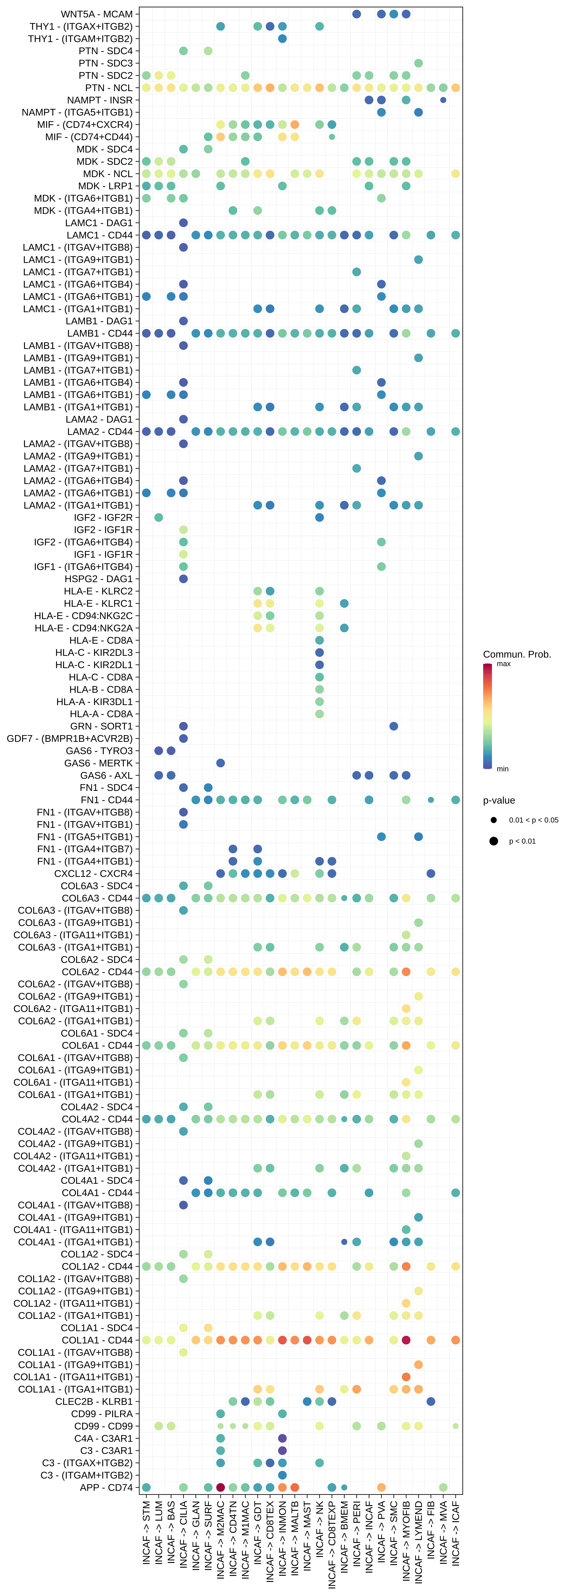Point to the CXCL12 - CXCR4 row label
94,874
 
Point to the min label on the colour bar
503,769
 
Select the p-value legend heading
499,801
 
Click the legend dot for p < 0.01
493,841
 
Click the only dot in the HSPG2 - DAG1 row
183,579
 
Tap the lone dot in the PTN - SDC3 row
418,63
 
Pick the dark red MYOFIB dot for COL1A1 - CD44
406,1340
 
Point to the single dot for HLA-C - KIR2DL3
319,652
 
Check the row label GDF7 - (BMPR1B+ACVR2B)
69,738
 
